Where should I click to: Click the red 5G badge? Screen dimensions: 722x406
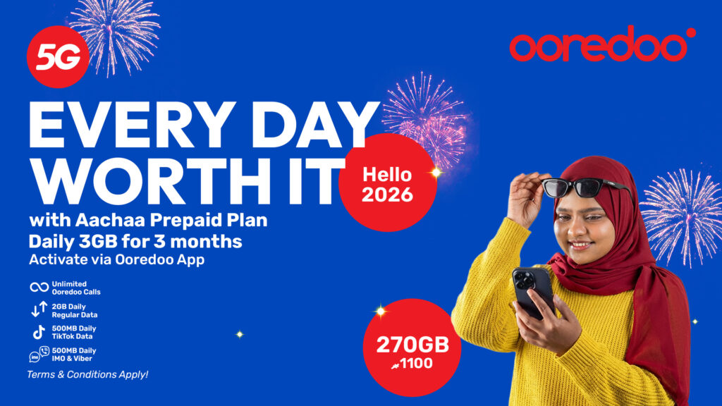[x=58, y=56]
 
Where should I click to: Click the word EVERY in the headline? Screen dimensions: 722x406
[x=130, y=125]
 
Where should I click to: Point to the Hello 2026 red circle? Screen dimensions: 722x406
[x=387, y=183]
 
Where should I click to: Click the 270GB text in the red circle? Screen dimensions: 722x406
[x=412, y=345]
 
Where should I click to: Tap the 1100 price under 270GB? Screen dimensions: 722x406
[x=416, y=364]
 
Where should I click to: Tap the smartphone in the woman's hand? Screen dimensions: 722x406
[x=534, y=293]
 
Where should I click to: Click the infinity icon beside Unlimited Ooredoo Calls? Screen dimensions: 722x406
[x=39, y=288]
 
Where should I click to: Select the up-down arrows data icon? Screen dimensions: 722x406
[x=39, y=309]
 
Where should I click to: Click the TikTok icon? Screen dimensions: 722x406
[x=39, y=332]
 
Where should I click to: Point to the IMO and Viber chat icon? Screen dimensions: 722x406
[x=39, y=354]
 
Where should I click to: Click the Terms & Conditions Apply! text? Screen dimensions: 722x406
[x=87, y=375]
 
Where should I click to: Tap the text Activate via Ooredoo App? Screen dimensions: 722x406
[x=116, y=259]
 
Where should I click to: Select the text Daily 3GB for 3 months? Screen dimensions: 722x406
[x=135, y=242]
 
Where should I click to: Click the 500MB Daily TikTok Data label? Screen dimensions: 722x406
[x=74, y=333]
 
